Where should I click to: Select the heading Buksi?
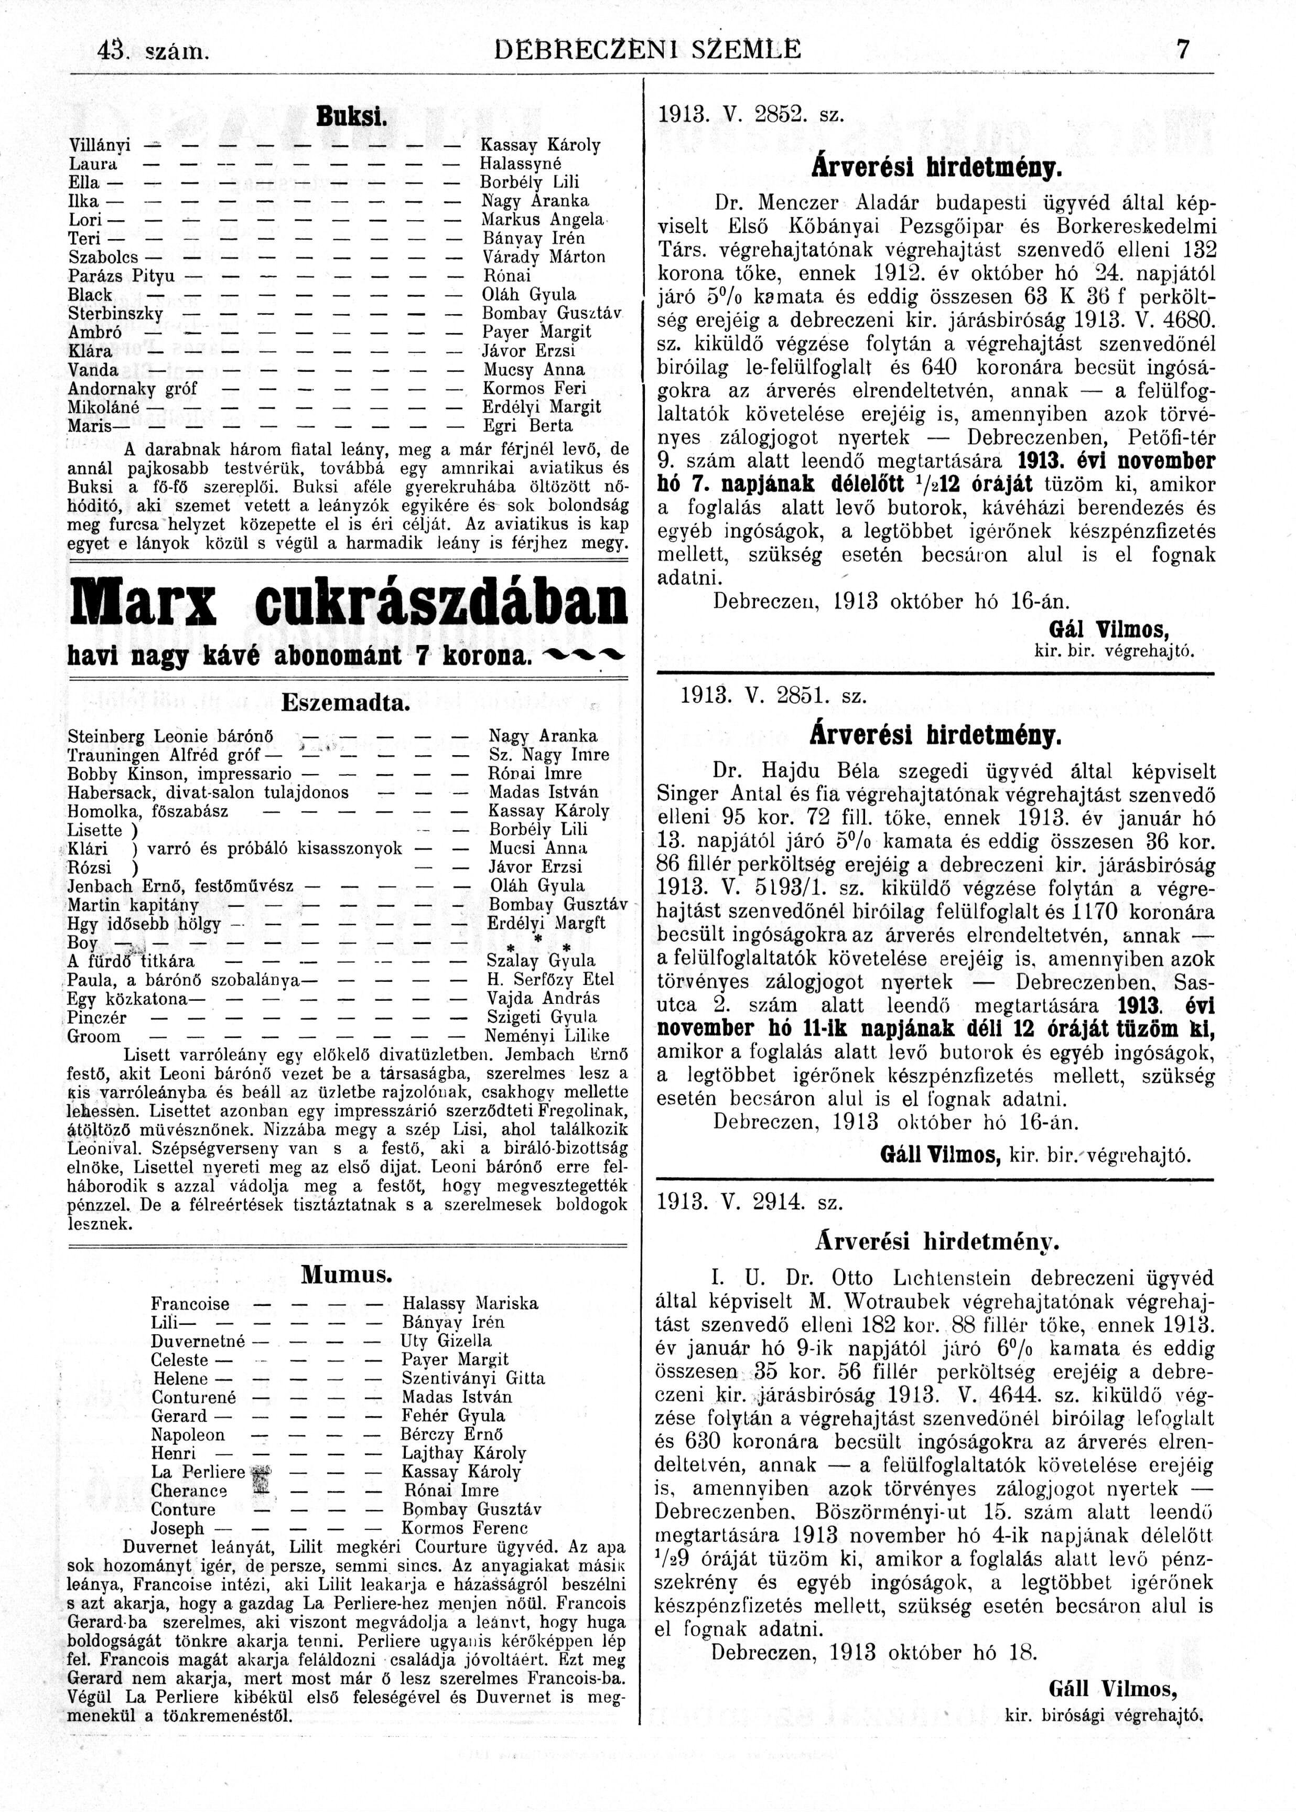coord(351,116)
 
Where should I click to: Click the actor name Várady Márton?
coord(544,257)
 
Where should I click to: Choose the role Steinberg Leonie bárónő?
coord(171,736)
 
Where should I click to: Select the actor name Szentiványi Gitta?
coord(473,1379)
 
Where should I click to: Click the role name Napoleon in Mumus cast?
coord(188,1434)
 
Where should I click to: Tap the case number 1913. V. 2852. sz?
coord(751,115)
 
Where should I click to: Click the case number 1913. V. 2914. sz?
coord(750,1202)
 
